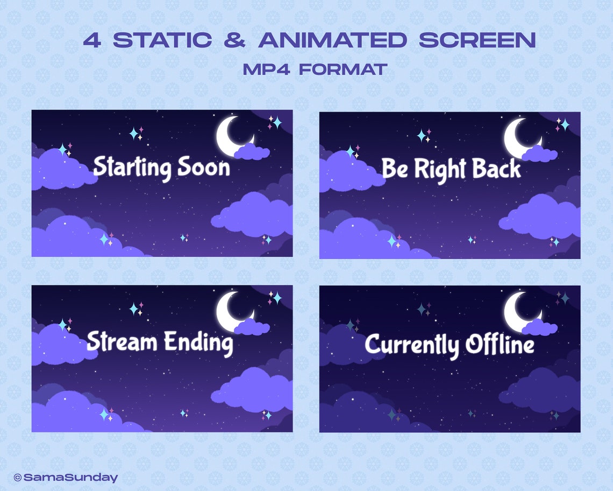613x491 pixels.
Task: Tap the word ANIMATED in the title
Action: (x=332, y=40)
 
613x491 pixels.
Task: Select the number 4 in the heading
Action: (x=91, y=40)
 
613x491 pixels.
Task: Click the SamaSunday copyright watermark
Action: (x=66, y=477)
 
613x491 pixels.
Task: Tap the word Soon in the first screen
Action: (x=205, y=167)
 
